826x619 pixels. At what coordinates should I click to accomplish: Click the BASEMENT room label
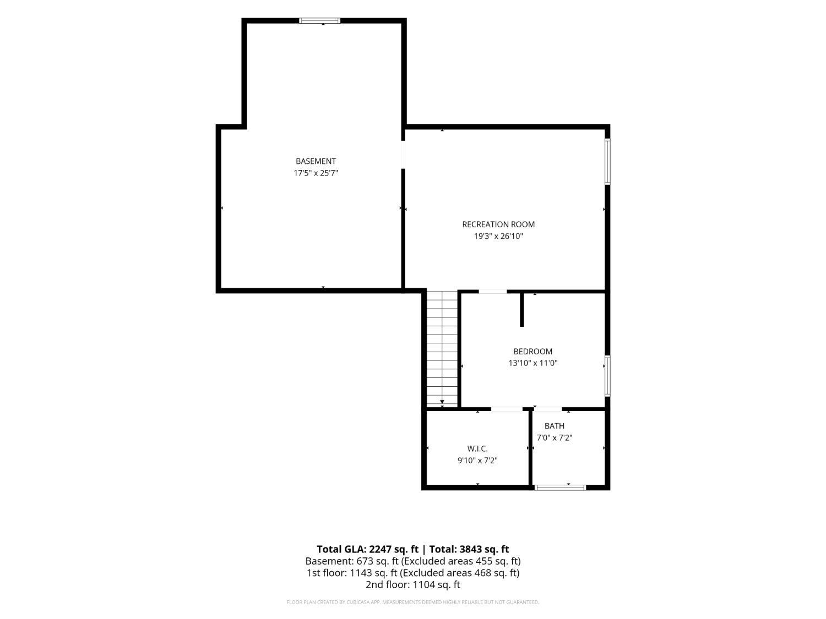[x=316, y=161]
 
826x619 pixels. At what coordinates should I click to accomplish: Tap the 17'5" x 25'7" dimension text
[x=316, y=173]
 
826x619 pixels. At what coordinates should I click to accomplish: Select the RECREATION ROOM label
[x=498, y=224]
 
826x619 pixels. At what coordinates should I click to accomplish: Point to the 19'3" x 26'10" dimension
[x=498, y=236]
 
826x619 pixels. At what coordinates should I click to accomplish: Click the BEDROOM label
[x=533, y=352]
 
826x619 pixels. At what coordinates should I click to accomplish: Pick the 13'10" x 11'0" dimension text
[x=533, y=363]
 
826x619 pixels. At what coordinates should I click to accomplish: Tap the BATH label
[x=555, y=426]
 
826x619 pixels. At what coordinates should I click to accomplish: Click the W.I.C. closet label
[x=477, y=448]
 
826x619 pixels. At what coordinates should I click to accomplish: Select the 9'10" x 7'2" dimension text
[x=477, y=460]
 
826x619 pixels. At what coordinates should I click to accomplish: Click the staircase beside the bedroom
[x=442, y=348]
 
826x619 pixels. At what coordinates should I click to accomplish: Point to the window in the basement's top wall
[x=319, y=21]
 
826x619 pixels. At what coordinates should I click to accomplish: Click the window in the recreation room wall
[x=607, y=161]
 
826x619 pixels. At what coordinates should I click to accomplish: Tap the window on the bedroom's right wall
[x=607, y=376]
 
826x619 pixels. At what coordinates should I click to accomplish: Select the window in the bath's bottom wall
[x=560, y=487]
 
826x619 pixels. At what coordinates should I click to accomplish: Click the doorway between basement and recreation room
[x=403, y=155]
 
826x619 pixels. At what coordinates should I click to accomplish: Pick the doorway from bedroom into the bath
[x=548, y=409]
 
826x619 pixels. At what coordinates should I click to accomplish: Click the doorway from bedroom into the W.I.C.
[x=507, y=409]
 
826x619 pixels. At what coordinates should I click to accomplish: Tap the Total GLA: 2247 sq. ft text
[x=367, y=549]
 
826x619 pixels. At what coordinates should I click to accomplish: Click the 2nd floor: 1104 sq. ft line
[x=413, y=584]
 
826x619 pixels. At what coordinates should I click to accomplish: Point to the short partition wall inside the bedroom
[x=521, y=310]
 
